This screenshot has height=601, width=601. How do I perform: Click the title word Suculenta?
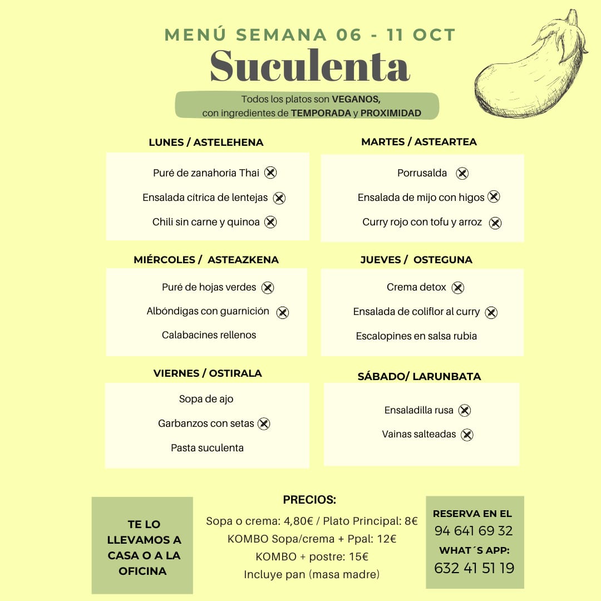(309, 67)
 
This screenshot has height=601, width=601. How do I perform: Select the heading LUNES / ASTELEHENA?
(206, 142)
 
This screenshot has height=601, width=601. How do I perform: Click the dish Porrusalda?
(422, 173)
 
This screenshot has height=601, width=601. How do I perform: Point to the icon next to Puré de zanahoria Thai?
(270, 173)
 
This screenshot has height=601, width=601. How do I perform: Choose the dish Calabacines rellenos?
(209, 335)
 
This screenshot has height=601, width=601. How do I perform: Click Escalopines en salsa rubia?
(416, 336)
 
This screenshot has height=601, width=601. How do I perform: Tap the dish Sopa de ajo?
(206, 399)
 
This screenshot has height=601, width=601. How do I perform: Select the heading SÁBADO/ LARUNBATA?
(419, 377)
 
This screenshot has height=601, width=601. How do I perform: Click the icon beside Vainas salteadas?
(467, 435)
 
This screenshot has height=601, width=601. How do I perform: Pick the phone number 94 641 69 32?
(474, 531)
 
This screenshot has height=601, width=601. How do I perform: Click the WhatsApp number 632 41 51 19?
(474, 568)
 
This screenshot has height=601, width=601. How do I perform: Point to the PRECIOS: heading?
(309, 500)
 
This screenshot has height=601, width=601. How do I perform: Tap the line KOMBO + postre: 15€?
(312, 556)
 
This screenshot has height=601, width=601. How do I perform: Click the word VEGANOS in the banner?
(356, 100)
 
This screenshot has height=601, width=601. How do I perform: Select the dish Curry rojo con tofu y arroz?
(422, 222)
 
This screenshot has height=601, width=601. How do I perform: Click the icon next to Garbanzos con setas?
(264, 424)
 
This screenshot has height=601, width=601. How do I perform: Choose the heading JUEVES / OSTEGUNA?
(416, 260)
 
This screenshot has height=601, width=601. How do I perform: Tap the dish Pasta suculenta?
(207, 448)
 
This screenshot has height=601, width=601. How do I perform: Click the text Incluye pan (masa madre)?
(312, 574)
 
